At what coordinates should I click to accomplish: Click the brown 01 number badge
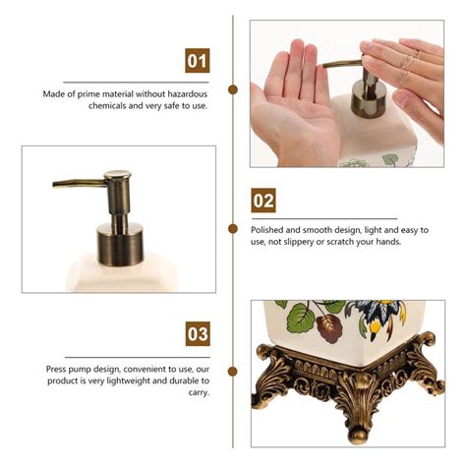[198, 61]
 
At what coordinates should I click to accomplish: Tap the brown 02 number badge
[263, 201]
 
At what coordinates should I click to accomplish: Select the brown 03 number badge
[198, 333]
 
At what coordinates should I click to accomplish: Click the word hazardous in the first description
[188, 94]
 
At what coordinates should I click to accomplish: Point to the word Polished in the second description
[266, 230]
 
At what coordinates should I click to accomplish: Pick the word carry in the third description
[199, 392]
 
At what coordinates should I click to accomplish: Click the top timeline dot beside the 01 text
[233, 89]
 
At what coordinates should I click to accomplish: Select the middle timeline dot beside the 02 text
[233, 229]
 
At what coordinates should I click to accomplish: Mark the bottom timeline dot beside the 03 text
[233, 371]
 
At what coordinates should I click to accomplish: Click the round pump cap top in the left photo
[118, 175]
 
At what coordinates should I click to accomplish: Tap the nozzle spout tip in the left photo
[54, 184]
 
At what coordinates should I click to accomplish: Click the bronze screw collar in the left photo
[120, 244]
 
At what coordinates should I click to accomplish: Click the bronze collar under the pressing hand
[368, 99]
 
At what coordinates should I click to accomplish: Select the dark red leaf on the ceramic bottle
[329, 327]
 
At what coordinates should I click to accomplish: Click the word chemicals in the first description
[107, 106]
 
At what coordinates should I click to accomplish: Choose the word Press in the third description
[56, 370]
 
